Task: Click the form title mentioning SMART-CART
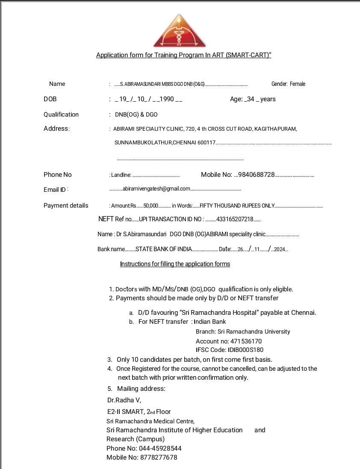coord(184,55)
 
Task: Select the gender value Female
coord(298,84)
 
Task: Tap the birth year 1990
coord(166,99)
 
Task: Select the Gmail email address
coord(156,189)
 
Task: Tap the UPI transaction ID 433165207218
coord(235,220)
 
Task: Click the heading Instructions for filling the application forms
coord(175,264)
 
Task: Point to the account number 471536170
coord(246,341)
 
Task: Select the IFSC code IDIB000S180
coord(245,350)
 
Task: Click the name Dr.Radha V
coord(124,400)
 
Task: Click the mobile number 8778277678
coord(158,457)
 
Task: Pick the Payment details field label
coord(66,205)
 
